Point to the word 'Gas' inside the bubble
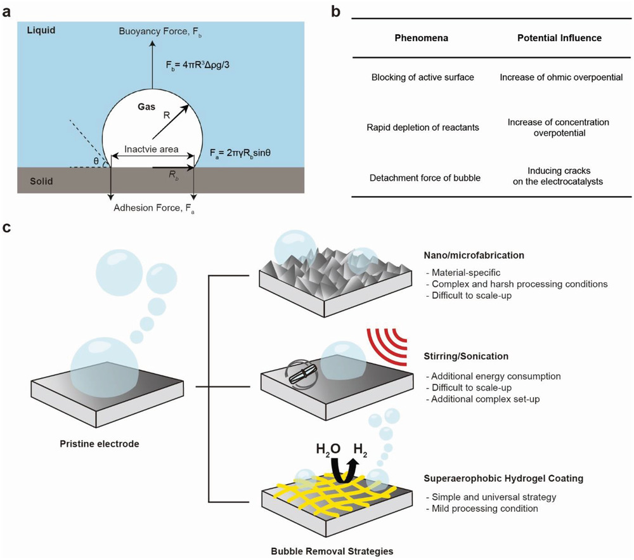point(147,108)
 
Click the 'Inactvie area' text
point(151,150)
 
